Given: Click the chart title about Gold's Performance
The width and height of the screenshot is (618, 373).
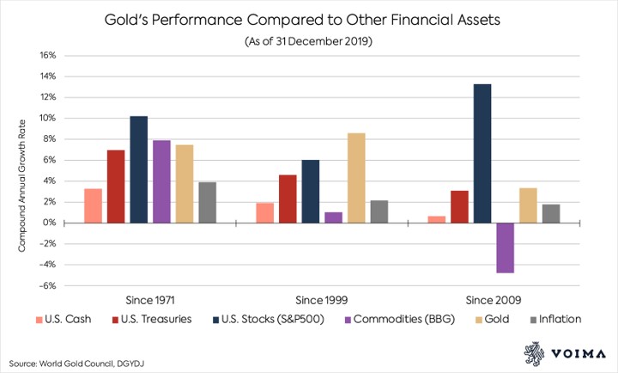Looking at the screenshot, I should tap(310, 18).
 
